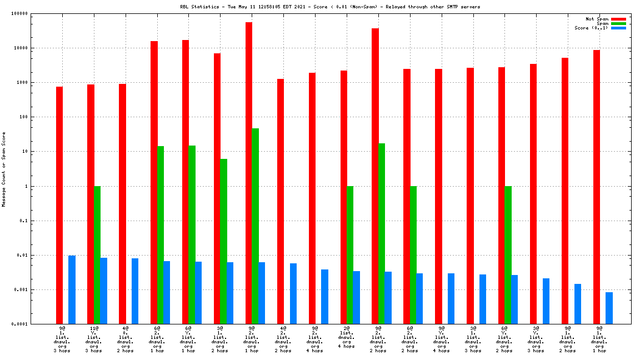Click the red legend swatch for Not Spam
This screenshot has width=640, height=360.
click(x=618, y=19)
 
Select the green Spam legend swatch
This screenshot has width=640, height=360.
click(x=618, y=23)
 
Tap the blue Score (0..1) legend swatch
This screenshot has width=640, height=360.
click(x=618, y=28)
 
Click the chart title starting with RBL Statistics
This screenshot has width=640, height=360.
click(x=330, y=7)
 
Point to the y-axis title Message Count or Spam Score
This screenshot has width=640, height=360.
click(x=4, y=169)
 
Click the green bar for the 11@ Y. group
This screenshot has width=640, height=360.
click(x=97, y=255)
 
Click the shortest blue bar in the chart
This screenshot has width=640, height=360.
click(x=609, y=308)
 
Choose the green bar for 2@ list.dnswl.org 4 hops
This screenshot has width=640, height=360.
click(x=350, y=255)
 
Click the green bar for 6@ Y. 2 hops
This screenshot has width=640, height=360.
click(x=508, y=255)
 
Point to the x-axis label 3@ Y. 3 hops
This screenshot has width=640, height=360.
click(x=536, y=339)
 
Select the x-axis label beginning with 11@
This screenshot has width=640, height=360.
click(x=93, y=339)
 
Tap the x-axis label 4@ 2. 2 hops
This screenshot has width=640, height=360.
click(x=283, y=339)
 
